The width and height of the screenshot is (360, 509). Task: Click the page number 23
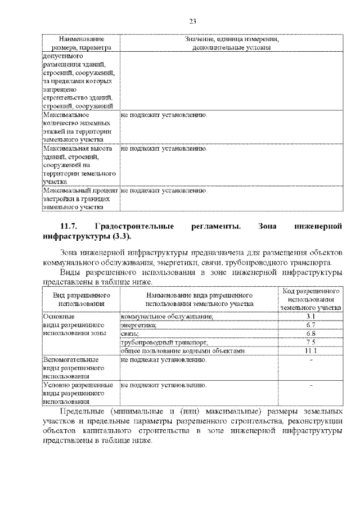192,21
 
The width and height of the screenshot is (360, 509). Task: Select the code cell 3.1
311,317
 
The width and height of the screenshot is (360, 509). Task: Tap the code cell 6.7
311,325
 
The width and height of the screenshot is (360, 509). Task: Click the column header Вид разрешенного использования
81,299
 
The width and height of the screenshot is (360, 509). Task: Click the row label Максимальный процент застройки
79,199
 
